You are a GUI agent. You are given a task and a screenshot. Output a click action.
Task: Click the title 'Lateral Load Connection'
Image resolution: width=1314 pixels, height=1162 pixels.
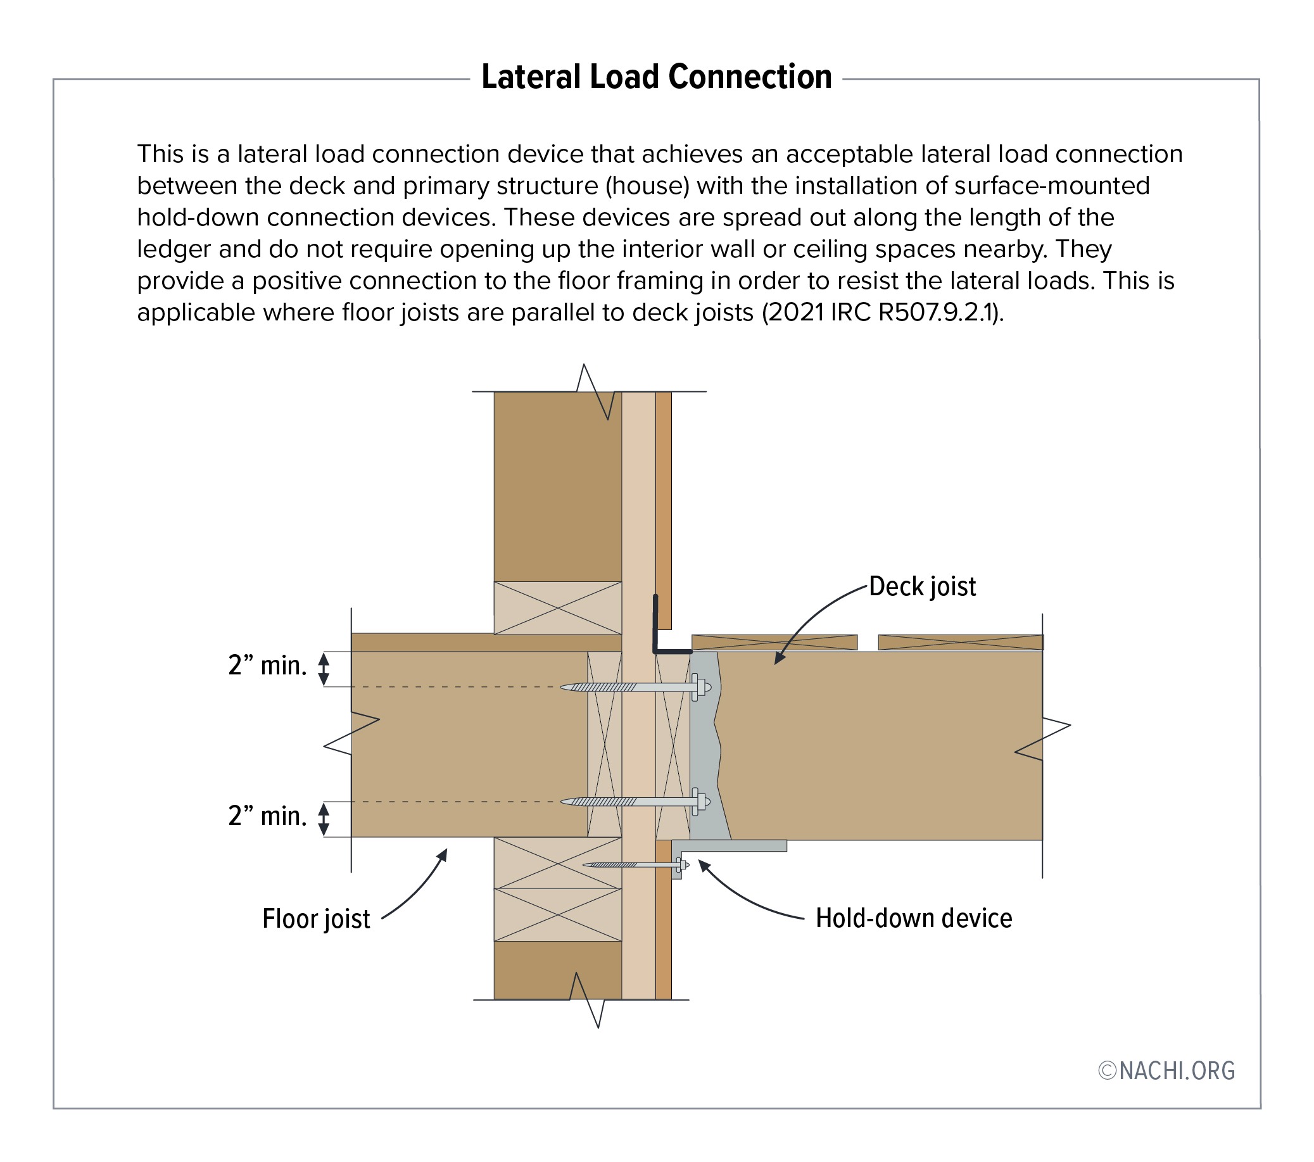(656, 77)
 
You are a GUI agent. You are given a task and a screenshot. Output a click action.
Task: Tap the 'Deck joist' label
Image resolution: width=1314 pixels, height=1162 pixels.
(922, 587)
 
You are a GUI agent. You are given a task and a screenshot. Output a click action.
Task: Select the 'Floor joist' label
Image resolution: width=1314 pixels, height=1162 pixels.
(315, 918)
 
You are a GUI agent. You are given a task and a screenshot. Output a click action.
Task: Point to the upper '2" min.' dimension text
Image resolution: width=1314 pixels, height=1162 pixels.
(267, 666)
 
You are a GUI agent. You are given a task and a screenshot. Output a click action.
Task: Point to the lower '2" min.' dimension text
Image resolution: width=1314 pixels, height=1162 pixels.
(267, 816)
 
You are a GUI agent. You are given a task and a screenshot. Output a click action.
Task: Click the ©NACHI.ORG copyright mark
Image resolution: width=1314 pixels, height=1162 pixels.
(1166, 1071)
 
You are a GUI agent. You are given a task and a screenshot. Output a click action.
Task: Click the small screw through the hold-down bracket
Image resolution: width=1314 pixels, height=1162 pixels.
(636, 865)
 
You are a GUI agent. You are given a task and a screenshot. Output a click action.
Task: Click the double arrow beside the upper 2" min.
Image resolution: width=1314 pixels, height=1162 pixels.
(324, 669)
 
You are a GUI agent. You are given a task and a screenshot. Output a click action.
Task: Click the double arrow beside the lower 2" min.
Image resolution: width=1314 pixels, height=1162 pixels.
(324, 819)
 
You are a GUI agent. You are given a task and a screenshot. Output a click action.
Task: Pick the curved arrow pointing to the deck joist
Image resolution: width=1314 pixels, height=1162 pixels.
(816, 614)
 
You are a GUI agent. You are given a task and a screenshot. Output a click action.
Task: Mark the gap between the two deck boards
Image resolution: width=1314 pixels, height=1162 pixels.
(868, 642)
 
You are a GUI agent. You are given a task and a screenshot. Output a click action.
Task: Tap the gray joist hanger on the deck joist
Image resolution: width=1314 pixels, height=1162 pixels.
(707, 745)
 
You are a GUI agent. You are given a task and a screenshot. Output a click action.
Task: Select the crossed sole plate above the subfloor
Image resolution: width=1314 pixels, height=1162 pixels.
(557, 608)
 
